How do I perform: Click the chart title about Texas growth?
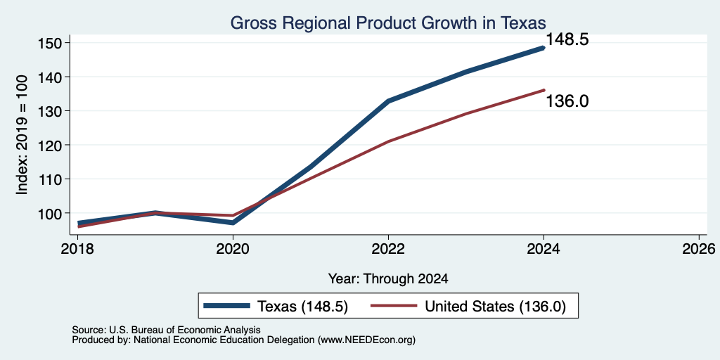[x=388, y=22]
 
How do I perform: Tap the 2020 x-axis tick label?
[x=233, y=250]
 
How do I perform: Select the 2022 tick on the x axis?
[x=388, y=250]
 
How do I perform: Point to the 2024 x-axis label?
[x=544, y=250]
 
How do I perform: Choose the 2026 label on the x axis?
[x=699, y=250]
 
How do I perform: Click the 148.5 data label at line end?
[x=567, y=40]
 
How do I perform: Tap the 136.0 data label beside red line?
[x=567, y=101]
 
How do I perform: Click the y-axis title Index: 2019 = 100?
[x=22, y=134]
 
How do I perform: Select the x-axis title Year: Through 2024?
[x=388, y=278]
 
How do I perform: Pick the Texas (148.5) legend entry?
[x=276, y=307]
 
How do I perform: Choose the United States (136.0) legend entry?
[x=468, y=307]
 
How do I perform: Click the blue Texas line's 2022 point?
[x=388, y=101]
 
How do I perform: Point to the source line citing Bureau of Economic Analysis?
[x=166, y=330]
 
